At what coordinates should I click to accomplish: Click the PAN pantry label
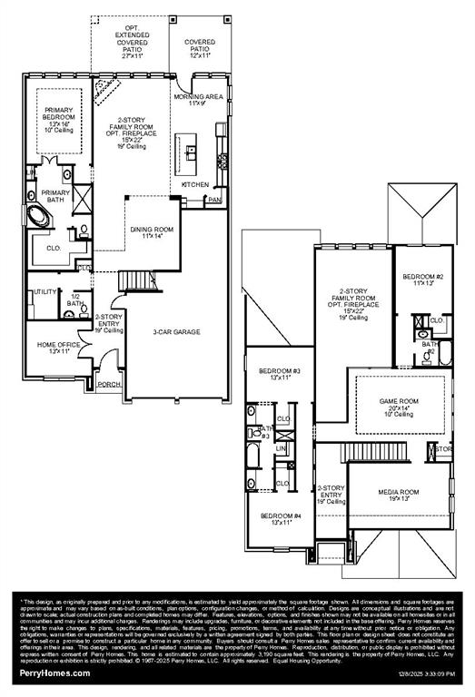214,200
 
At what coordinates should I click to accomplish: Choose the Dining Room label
145,232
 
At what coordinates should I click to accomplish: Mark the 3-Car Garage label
176,331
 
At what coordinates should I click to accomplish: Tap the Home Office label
59,348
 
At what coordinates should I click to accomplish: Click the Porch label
109,385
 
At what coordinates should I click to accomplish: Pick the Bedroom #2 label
421,279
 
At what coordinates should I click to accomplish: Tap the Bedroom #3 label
279,374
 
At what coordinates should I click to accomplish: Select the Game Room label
398,405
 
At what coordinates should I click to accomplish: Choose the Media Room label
398,495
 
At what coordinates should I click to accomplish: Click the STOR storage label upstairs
442,449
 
